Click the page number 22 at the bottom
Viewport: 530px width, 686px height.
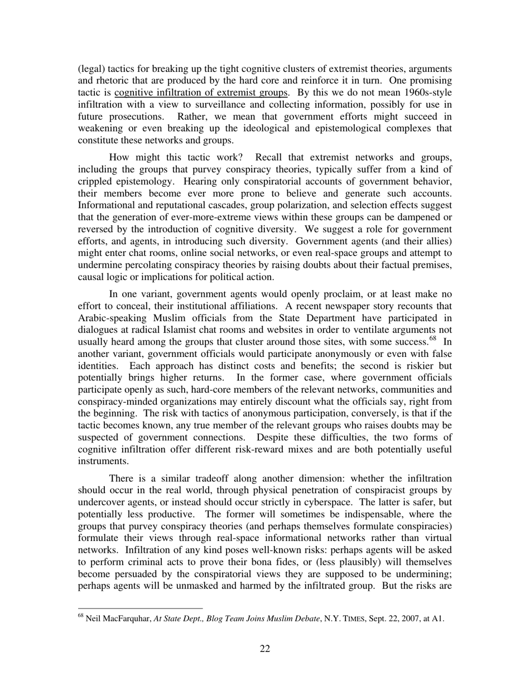click(x=264, y=648)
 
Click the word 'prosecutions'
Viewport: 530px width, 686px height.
click(x=133, y=117)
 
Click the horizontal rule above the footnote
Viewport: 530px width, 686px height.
click(x=140, y=608)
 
